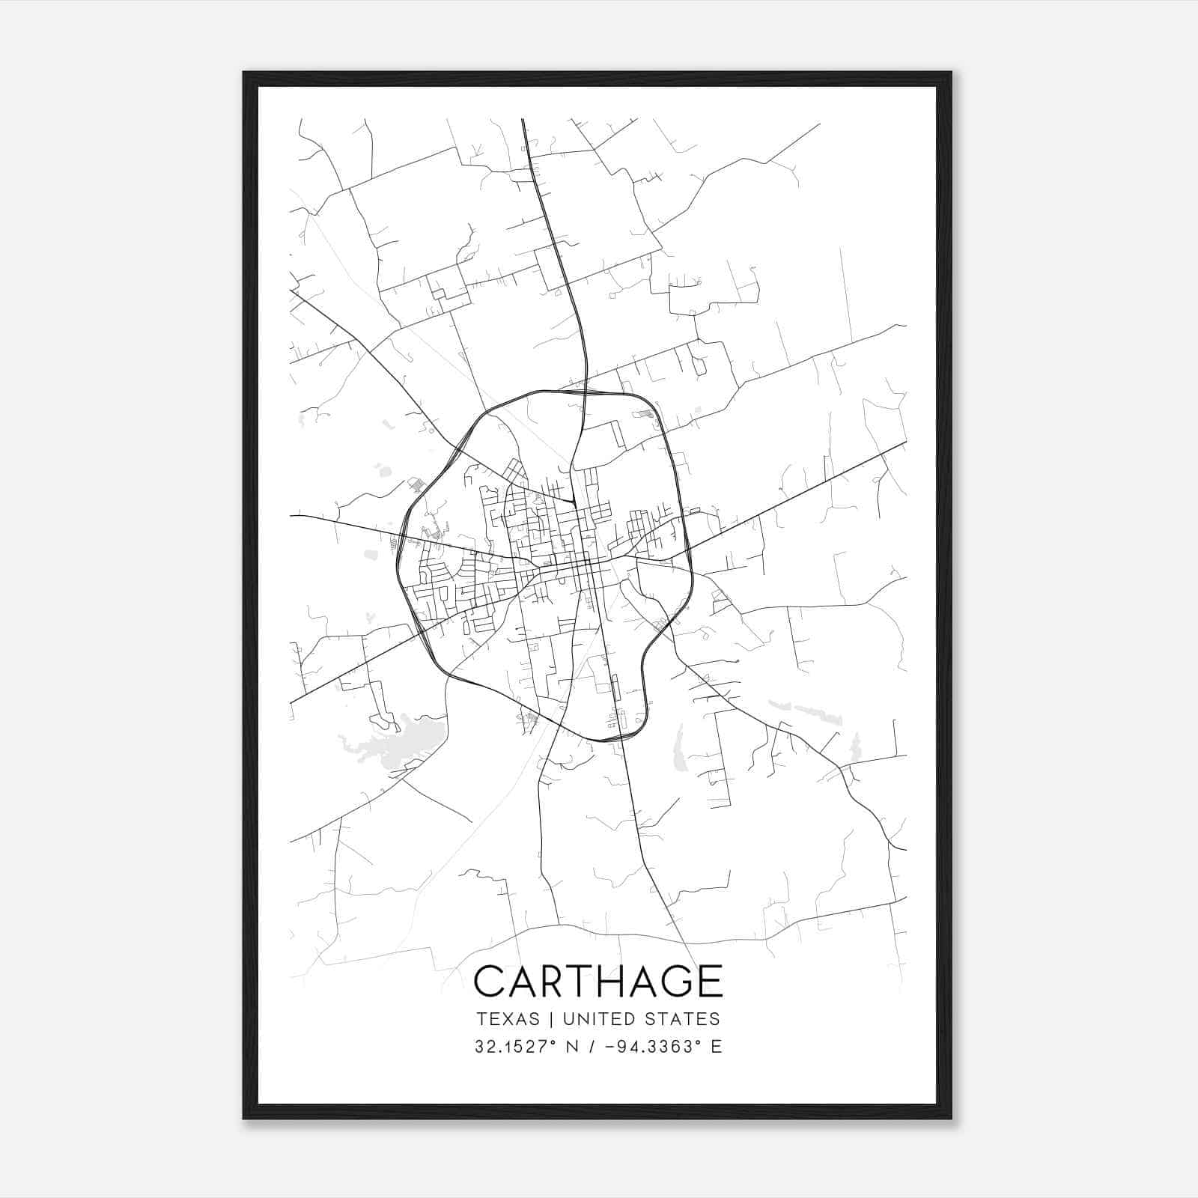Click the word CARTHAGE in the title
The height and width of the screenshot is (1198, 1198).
tap(598, 981)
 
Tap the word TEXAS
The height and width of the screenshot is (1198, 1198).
tap(507, 1019)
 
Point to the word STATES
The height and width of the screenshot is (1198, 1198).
tap(682, 1019)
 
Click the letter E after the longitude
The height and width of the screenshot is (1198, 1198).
tap(717, 1046)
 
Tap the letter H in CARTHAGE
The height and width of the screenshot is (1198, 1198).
tap(599, 981)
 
